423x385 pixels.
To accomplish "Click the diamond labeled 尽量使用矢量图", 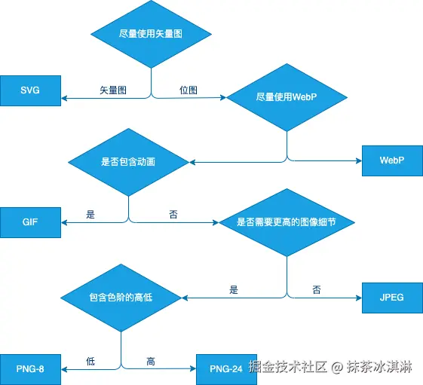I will coord(151,35).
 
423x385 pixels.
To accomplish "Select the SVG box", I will coord(30,91).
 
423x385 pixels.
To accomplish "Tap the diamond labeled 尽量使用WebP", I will coord(287,97).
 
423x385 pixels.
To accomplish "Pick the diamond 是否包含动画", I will coord(128,161).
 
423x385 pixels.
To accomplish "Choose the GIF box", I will coord(30,222).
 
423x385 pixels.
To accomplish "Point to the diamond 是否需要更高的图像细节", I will coord(287,223).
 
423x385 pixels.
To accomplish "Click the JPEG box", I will coord(392,297).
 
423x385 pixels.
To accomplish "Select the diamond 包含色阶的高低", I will coord(121,298).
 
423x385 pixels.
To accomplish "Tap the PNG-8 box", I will coord(30,369).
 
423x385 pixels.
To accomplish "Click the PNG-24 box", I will coord(226,369).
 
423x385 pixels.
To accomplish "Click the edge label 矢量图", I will coord(113,90).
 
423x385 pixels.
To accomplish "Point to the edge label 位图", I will coord(189,90).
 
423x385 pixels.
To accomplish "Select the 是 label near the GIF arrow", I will coord(90,215).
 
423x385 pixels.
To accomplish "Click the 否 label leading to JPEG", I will coord(316,289).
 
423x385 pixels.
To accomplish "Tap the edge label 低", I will coord(90,362).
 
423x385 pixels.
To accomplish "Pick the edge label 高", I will coord(151,362).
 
